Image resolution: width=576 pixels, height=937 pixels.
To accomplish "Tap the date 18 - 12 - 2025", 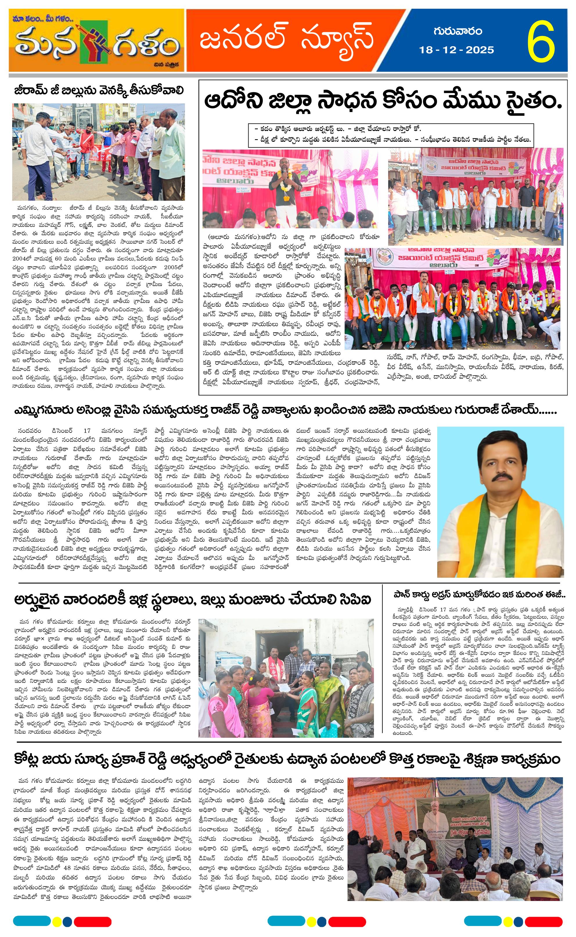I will [x=456, y=50].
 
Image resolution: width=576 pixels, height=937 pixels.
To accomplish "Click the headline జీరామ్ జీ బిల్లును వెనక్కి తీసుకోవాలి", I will [x=99, y=91].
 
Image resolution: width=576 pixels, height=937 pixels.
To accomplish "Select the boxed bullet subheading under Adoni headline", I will [x=390, y=134].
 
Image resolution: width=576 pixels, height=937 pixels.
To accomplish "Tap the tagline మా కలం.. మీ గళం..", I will [x=43, y=18].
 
